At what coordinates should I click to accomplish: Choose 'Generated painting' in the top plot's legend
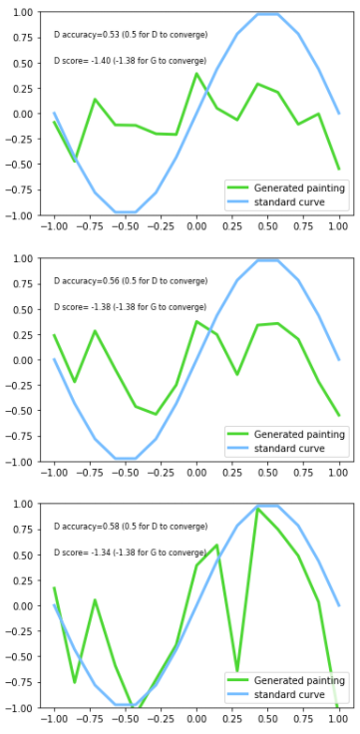[x=299, y=187]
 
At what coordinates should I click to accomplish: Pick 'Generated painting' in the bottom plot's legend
[x=299, y=680]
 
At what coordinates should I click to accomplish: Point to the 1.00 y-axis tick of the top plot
[x=21, y=13]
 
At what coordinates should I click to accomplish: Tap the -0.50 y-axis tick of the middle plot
[x=19, y=411]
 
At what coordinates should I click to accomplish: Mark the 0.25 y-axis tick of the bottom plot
[x=21, y=580]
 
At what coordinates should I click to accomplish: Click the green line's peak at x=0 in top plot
[x=196, y=73]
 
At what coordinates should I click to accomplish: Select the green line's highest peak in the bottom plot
[x=257, y=509]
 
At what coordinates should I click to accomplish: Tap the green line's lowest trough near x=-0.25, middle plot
[x=156, y=414]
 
